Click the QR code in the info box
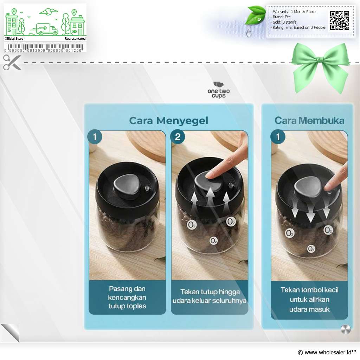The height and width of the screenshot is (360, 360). pyautogui.click(x=340, y=21)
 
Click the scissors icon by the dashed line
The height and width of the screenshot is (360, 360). pyautogui.click(x=12, y=62)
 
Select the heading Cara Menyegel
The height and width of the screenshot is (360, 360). pyautogui.click(x=168, y=121)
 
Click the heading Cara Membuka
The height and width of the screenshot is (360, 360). pyautogui.click(x=309, y=121)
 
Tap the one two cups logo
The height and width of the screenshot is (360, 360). pyautogui.click(x=219, y=90)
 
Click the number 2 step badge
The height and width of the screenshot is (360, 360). pyautogui.click(x=178, y=137)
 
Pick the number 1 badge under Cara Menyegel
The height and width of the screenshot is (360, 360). pyautogui.click(x=95, y=137)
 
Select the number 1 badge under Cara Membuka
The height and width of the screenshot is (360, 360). pyautogui.click(x=278, y=137)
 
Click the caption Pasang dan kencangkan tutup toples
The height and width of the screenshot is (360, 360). pyautogui.click(x=127, y=297)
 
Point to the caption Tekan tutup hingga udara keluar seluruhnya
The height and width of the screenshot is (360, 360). pyautogui.click(x=210, y=296)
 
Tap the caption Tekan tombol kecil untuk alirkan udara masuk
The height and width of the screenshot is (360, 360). pyautogui.click(x=309, y=300)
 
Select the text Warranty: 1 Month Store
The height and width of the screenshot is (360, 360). pyautogui.click(x=294, y=12)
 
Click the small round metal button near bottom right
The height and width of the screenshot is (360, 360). pyautogui.click(x=346, y=329)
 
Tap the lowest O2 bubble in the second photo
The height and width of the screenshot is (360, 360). pyautogui.click(x=213, y=241)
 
